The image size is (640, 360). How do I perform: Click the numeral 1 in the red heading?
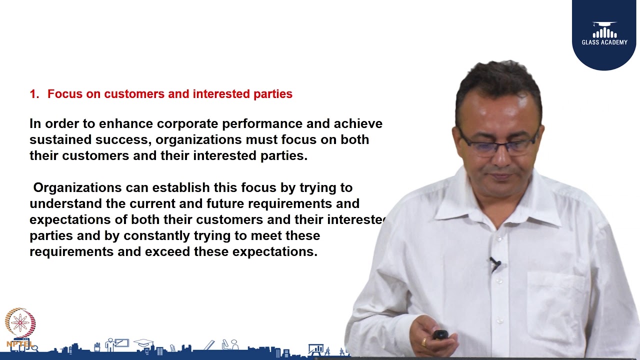tap(33, 94)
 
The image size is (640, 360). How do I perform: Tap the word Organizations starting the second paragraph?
tap(77, 188)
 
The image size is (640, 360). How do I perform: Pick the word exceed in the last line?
tap(168, 251)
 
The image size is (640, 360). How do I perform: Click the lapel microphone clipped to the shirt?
tap(495, 263)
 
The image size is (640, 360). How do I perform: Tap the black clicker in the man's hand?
tap(440, 334)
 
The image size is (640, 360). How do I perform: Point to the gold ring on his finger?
tap(424, 342)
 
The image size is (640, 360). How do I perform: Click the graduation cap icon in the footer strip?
tap(143, 343)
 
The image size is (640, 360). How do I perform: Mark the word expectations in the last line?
tap(275, 251)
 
